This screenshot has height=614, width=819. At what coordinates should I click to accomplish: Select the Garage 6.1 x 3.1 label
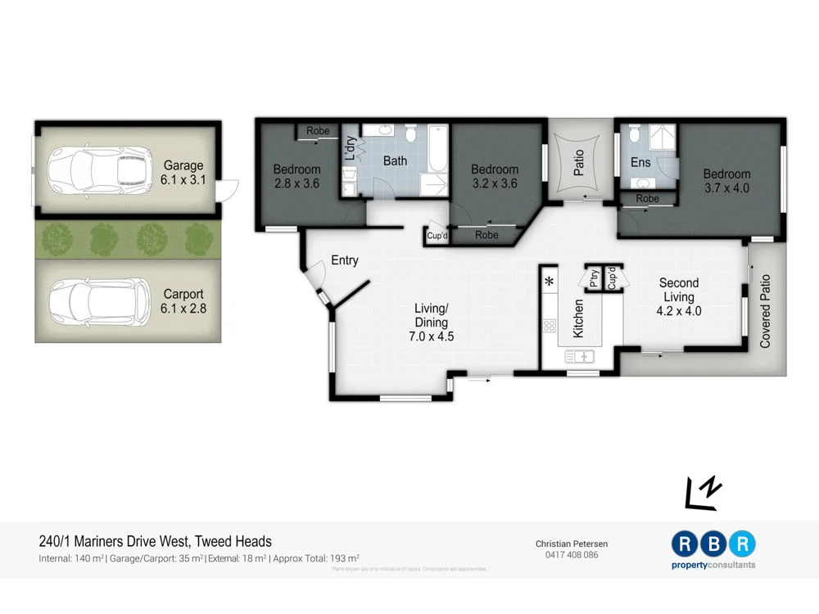183,172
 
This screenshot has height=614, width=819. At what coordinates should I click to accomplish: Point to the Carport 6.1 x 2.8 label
183,300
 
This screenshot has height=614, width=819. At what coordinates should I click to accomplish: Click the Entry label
345,261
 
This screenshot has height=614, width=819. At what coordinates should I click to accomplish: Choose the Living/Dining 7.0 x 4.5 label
431,322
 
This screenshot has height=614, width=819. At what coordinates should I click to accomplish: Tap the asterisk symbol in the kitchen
549,282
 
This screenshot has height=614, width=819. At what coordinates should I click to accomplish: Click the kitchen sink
580,355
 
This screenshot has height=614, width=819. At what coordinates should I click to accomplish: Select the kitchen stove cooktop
549,326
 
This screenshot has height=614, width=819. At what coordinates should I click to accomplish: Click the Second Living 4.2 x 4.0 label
678,296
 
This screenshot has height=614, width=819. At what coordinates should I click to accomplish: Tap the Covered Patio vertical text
766,310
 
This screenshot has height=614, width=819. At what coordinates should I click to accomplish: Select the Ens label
640,163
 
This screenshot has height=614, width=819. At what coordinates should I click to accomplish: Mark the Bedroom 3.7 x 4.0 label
726,181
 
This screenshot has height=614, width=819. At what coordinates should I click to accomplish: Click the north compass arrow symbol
704,491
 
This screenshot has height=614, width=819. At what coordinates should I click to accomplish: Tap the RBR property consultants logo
713,549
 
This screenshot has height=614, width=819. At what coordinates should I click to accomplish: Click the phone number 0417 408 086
572,555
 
